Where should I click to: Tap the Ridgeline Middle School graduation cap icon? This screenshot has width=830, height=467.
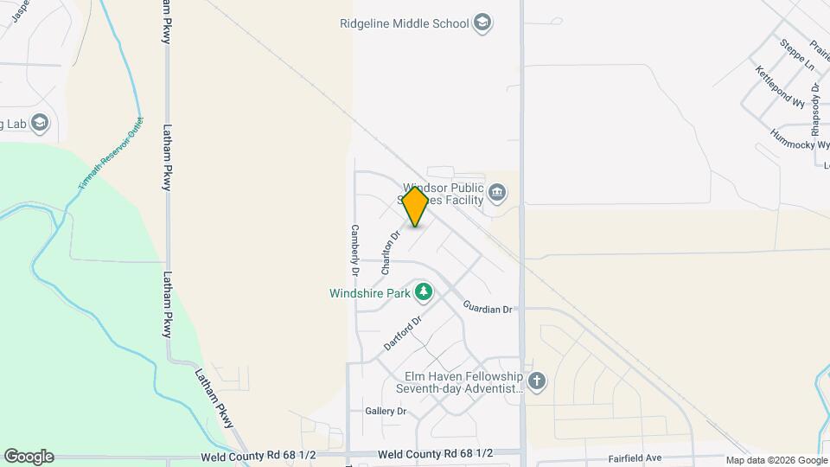tap(482, 23)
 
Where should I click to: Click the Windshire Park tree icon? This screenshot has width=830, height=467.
tap(423, 293)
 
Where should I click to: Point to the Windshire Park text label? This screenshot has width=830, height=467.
tap(369, 293)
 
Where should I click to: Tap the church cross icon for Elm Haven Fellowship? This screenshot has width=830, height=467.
tap(537, 381)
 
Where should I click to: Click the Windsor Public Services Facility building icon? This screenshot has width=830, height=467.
tap(496, 192)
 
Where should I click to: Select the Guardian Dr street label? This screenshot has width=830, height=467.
tap(488, 307)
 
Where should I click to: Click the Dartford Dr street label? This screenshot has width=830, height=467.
tap(402, 333)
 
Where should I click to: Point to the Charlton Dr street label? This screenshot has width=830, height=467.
tap(391, 252)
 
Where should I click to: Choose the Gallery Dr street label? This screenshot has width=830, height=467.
tap(386, 411)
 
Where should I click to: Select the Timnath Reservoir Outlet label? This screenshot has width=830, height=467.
tap(110, 155)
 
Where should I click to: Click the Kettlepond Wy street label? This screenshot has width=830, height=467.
tap(779, 86)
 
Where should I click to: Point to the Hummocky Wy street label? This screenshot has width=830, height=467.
tap(799, 139)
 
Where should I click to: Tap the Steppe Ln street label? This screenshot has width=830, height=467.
tap(797, 54)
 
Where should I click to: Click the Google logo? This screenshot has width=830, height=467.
tap(29, 457)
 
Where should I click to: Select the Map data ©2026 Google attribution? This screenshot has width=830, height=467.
tap(776, 460)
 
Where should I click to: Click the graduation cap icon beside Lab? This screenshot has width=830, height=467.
tap(40, 124)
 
